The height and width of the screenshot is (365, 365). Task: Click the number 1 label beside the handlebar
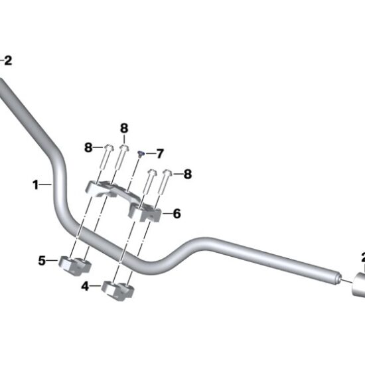36,185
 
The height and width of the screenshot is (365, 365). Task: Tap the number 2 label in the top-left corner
8,60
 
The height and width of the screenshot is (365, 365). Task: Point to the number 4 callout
85,287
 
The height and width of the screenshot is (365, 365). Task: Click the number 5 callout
41,261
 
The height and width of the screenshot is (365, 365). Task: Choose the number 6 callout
177,214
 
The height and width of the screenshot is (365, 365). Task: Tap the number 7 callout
159,153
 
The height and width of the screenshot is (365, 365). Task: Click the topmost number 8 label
123,127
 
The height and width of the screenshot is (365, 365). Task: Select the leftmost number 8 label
88,148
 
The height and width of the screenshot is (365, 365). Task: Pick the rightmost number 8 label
188,174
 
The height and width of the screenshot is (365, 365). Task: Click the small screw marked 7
141,154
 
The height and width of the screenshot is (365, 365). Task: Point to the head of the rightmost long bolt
167,173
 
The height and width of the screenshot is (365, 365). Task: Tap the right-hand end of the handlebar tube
337,274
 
